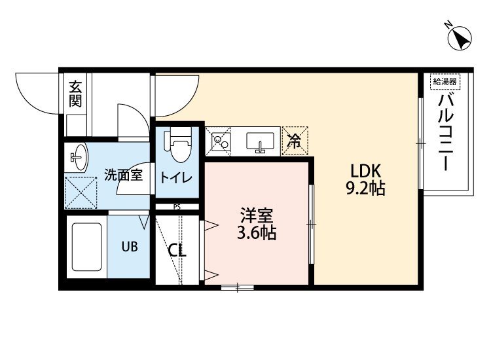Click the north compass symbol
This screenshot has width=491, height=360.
click(460, 38)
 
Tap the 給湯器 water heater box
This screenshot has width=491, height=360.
click(445, 82)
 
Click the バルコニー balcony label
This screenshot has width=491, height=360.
click(445, 132)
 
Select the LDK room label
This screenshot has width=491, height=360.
click(365, 171)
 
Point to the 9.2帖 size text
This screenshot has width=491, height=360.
click(365, 188)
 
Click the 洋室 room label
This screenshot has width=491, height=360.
click(257, 215)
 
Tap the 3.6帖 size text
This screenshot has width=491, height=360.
click(257, 232)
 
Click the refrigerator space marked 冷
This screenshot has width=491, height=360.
click(295, 141)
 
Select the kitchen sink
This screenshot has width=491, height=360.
click(260, 143)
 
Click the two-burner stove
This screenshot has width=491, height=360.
click(221, 141)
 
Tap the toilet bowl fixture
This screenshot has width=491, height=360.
click(177, 145)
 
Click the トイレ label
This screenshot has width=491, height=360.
click(176, 178)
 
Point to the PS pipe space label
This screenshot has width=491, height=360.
click(177, 207)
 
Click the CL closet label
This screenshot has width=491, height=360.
click(177, 250)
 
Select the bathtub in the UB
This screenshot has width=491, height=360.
click(86, 247)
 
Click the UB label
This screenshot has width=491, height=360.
click(130, 247)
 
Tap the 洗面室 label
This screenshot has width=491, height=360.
click(123, 175)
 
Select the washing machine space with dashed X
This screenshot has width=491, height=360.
click(81, 193)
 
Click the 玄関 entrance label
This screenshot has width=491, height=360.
click(75, 94)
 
